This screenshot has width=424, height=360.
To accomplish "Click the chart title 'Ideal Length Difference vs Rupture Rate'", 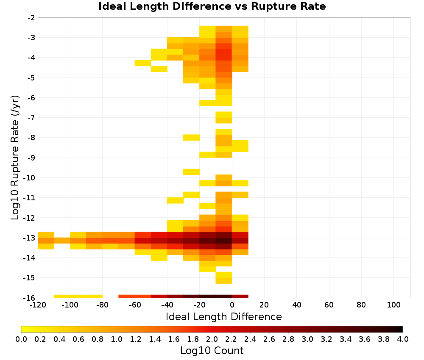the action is point(212,6).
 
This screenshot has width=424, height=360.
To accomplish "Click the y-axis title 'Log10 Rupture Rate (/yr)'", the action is point(15,158).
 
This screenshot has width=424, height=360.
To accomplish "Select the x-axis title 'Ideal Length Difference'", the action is point(223,316).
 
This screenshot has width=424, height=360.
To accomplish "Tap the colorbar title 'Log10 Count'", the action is point(212,351).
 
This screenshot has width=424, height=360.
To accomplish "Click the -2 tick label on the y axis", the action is point(32,18).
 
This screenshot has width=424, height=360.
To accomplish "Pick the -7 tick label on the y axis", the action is point(32,118).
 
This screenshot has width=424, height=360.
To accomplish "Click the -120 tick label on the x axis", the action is point(38,305).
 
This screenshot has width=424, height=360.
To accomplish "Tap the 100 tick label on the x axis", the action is point(394,305).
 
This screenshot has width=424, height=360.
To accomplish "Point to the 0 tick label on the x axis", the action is point(232,305).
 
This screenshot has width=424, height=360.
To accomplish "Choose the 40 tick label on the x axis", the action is point(297,305).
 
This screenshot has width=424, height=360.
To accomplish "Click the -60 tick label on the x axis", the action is point(135,305).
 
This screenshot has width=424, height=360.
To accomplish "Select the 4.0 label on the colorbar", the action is point(403,339).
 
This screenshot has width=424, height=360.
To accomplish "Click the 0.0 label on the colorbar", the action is point(21,339).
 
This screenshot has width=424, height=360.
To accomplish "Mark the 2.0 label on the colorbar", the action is point(212,339).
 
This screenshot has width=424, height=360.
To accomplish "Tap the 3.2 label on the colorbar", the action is point(326,339).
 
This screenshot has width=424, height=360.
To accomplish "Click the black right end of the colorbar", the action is point(402,329).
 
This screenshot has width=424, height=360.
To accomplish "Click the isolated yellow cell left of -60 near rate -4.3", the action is point(143,63).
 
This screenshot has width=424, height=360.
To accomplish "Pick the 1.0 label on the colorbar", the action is point(117,339).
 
